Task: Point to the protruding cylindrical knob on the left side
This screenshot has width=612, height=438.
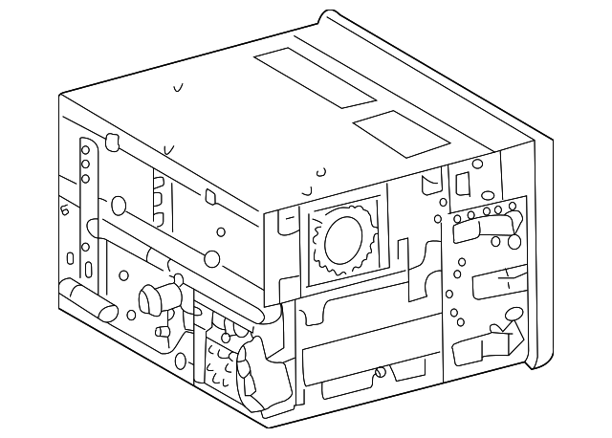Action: coord(156,298)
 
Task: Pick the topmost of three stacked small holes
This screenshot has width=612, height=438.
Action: coord(85,150)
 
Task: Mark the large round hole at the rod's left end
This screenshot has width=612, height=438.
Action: coord(119,205)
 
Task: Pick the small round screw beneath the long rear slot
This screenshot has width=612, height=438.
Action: coord(382,373)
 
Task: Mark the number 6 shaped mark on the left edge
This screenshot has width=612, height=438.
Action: coord(64,211)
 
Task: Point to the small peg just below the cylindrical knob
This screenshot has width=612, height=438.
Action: coord(162,332)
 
